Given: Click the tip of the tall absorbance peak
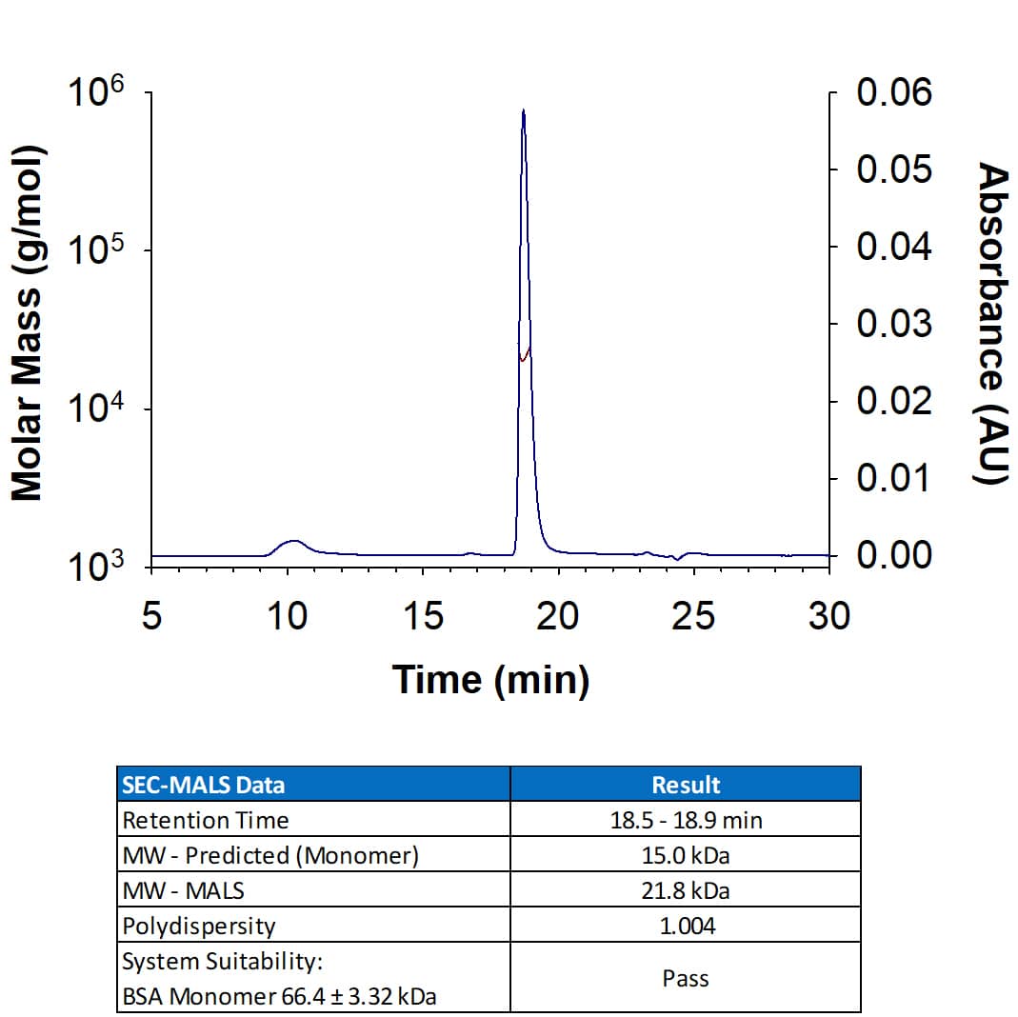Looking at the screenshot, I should point(524,111).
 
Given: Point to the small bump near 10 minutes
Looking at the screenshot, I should point(293,543).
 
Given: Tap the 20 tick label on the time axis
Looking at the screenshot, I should point(557,616).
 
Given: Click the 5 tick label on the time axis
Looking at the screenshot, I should point(151,616).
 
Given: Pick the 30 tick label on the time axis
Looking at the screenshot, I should point(828,616).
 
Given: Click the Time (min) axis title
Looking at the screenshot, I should point(490,680).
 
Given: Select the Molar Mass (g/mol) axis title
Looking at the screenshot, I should point(29,324).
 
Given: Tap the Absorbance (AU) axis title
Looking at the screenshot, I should point(992,324).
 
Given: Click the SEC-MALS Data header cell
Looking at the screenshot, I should point(203,785).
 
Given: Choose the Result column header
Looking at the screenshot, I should point(686,785).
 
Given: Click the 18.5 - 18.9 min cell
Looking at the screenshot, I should point(686,820).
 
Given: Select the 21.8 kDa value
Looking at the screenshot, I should point(686,890).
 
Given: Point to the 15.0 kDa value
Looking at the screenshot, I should point(686,855).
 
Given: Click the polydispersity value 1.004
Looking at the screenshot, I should point(686,926).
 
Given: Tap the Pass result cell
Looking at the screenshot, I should point(686,978).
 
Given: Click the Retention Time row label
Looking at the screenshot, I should point(206,820).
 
